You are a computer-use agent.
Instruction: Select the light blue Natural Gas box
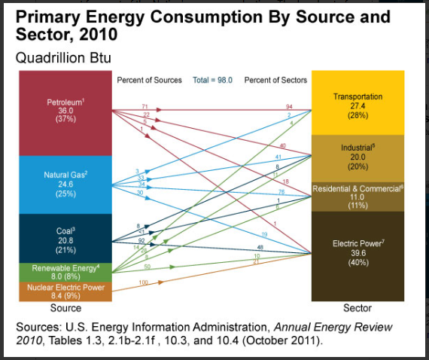65,185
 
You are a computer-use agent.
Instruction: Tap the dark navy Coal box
65,238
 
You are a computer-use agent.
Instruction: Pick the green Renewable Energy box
65,271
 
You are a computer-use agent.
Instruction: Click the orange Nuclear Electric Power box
65,291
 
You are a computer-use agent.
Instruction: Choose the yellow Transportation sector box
357,105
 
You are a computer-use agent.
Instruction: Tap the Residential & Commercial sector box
357,196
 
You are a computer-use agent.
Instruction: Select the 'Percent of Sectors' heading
275,80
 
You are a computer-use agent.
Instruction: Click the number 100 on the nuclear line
143,281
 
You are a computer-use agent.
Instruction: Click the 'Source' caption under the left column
65,308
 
